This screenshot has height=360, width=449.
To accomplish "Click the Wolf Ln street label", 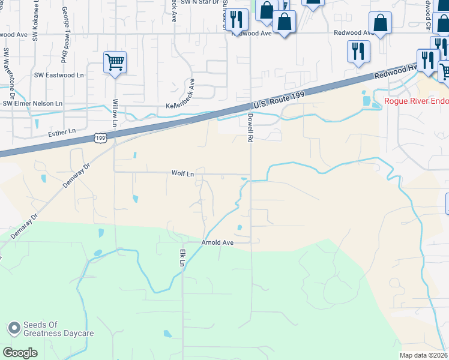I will (183, 173).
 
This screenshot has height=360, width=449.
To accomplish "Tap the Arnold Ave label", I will (217, 242).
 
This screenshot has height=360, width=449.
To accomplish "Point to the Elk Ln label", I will (180, 258).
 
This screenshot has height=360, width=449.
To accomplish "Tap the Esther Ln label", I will (64, 131).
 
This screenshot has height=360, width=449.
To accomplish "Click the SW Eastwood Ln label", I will (59, 75).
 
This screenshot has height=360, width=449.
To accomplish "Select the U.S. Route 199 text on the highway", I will (279, 100).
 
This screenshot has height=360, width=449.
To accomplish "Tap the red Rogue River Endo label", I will (417, 100).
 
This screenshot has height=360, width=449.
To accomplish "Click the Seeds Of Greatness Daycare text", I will (59, 329).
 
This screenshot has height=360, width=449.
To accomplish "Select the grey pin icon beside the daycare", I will (14, 328).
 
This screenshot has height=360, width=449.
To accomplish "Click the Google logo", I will (20, 352).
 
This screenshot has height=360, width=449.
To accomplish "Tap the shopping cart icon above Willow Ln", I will (115, 62).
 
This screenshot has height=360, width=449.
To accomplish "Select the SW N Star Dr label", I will (198, 3).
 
